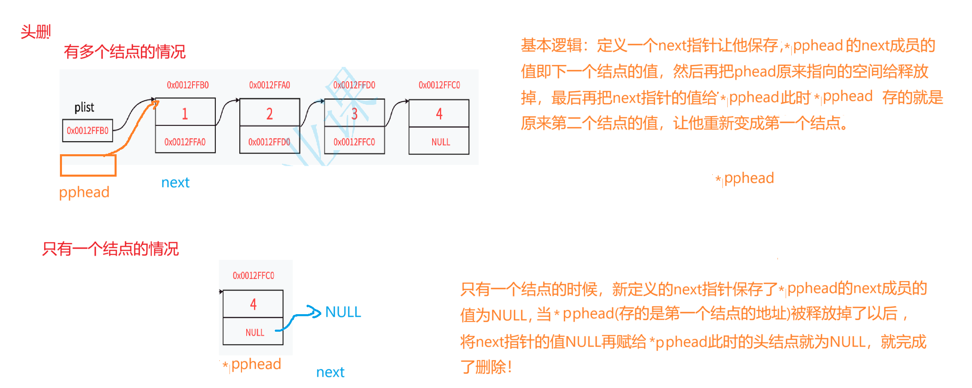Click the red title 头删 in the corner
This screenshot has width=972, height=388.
[x=35, y=32]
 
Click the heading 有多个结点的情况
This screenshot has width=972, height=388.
[x=124, y=52]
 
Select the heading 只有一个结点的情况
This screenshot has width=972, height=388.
[x=110, y=249]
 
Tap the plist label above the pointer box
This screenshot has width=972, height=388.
[x=84, y=107]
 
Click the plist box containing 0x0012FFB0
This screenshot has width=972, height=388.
[x=87, y=131]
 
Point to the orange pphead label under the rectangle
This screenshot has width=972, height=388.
[x=84, y=192]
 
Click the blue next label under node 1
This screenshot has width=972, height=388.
[x=175, y=182]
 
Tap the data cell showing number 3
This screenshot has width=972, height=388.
[x=354, y=113]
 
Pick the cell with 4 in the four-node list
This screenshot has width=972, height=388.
[x=439, y=113]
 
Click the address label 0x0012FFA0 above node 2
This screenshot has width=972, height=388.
[x=270, y=85]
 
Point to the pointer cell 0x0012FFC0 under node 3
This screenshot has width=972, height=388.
[x=354, y=142]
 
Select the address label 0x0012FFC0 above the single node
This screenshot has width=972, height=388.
[x=253, y=275]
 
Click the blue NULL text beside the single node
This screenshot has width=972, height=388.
[x=343, y=312]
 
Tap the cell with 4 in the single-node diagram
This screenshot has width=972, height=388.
[x=253, y=304]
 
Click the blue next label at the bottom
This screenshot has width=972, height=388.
[x=330, y=372]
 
